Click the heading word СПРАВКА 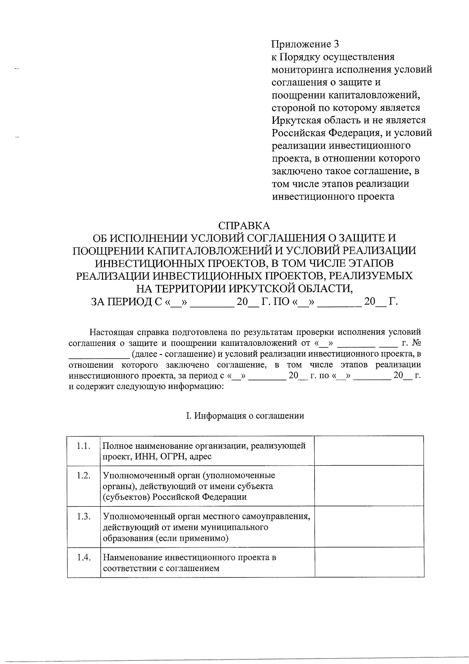[244, 226]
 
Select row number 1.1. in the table [83, 446]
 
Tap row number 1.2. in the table [83, 476]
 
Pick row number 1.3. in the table [83, 516]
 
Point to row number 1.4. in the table [83, 557]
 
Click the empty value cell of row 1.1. [369, 451]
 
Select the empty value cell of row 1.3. [369, 526]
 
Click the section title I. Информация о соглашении [245, 416]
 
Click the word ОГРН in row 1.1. [170, 457]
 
